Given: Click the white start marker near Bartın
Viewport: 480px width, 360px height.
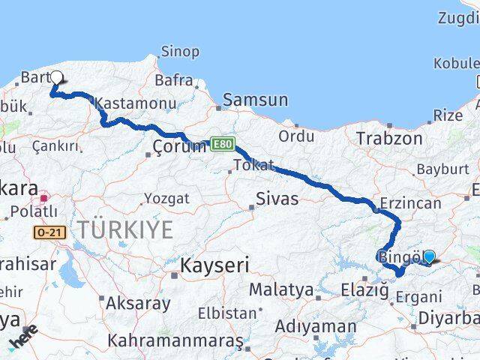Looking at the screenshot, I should click(x=56, y=76).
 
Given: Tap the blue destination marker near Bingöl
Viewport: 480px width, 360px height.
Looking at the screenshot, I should click(x=428, y=256).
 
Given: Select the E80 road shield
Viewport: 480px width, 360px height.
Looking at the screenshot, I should click(x=221, y=142).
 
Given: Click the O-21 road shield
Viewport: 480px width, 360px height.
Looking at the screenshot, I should click(x=49, y=233).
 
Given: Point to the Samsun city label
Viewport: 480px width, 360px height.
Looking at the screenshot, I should click(x=255, y=99).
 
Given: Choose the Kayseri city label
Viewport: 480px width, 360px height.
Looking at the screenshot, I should click(x=214, y=265).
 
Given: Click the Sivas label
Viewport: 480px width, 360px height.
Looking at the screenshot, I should click(x=277, y=199).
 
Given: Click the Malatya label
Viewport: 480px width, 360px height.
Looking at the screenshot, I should click(x=280, y=289).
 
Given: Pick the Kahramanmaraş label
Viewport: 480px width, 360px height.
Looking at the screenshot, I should click(x=175, y=340).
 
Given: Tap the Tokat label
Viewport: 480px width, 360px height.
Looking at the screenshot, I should click(x=253, y=165).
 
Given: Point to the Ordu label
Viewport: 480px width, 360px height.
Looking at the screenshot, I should click(x=296, y=136).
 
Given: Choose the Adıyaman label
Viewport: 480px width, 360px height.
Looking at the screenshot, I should click(x=315, y=326).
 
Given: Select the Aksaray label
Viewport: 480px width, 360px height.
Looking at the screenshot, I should click(x=138, y=304).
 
